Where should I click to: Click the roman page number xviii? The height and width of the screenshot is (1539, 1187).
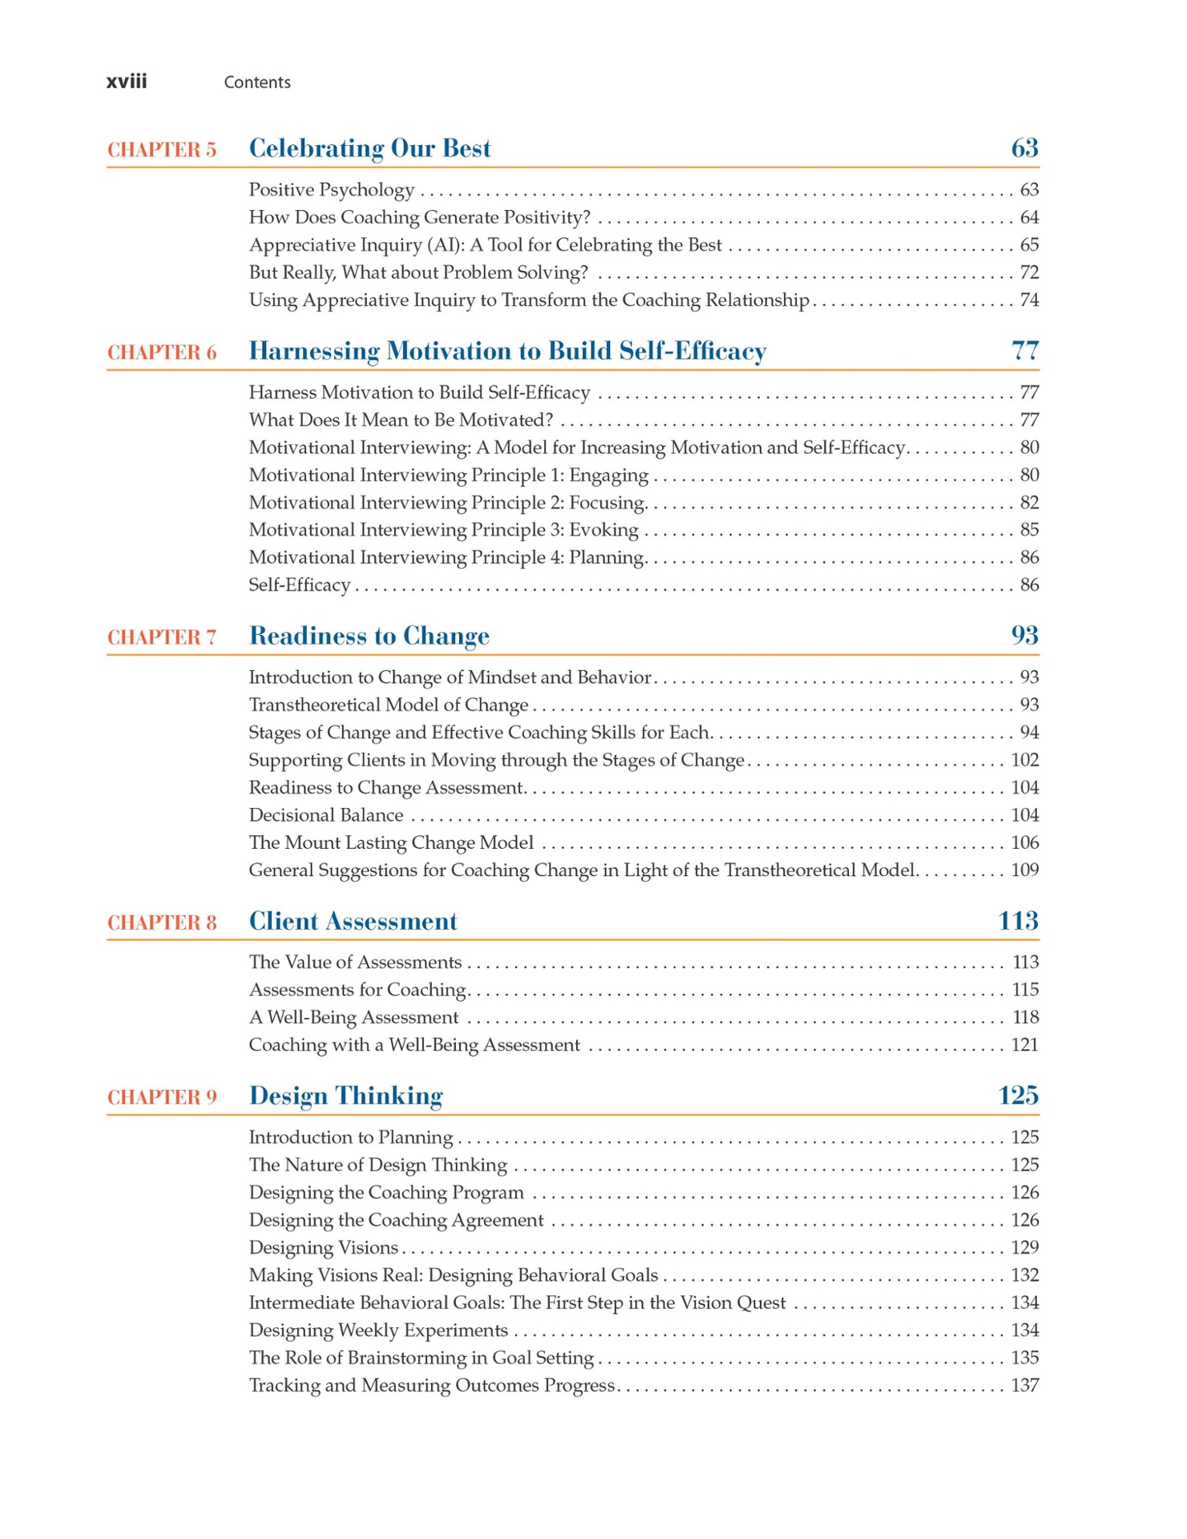pos(127,82)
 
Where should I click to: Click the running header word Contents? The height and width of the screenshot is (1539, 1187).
pos(256,83)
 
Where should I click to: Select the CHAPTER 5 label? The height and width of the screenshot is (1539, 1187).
pos(162,150)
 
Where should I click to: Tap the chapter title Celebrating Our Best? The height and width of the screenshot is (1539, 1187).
pos(369,148)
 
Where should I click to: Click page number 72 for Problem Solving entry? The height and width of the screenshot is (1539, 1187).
pos(1029,273)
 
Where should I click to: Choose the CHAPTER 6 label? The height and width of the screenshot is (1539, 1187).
pos(162,353)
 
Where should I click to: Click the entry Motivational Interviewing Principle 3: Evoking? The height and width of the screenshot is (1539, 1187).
pos(443,530)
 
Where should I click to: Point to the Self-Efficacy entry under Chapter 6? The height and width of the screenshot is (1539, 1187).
pos(299,585)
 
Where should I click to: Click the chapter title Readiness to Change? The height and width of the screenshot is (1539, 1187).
pos(369,636)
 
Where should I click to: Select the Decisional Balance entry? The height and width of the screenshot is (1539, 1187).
pos(325,815)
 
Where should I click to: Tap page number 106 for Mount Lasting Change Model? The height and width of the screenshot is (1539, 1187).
pos(1024,842)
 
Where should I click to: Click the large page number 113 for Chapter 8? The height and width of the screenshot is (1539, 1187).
pos(1018,921)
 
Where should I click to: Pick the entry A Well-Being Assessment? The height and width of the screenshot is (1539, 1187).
pos(353,1017)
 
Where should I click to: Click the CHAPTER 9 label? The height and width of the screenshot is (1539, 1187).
pos(162,1097)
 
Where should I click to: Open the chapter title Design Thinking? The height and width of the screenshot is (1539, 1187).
pos(345,1096)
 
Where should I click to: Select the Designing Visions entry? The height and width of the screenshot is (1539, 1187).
pos(323,1247)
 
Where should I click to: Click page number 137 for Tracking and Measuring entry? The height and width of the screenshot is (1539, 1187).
pos(1024,1385)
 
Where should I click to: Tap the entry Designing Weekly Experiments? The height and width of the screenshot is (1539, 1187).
pos(378,1330)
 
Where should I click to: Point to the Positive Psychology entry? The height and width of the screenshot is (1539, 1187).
pos(331,190)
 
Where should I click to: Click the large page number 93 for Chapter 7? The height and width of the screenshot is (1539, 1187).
pos(1024,636)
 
